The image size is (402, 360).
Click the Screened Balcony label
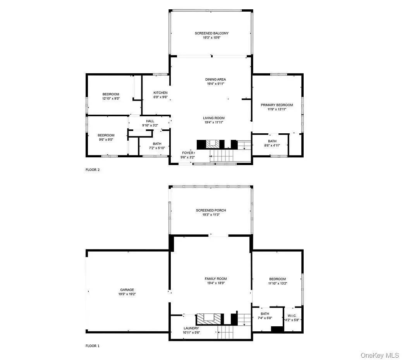[211, 33]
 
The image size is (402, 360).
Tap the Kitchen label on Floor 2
[160, 93]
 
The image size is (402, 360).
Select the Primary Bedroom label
[277, 105]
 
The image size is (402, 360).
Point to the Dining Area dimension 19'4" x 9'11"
[216, 84]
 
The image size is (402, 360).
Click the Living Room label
[213, 118]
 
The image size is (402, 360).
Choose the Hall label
[150, 121]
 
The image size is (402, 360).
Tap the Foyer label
[188, 153]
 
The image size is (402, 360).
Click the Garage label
[127, 290]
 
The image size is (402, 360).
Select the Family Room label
[216, 279]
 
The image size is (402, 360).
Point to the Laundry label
[191, 328]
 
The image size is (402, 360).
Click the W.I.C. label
[292, 316]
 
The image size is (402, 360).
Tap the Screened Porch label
[211, 210]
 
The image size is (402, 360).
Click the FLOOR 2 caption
[93, 170]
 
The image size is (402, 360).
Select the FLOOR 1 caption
[93, 346]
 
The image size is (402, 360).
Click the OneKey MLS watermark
[380, 355]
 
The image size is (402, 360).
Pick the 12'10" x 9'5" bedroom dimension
[111, 98]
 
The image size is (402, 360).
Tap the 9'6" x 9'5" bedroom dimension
[106, 140]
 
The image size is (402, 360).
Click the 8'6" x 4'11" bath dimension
[272, 145]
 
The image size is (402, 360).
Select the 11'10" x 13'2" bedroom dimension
[277, 283]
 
